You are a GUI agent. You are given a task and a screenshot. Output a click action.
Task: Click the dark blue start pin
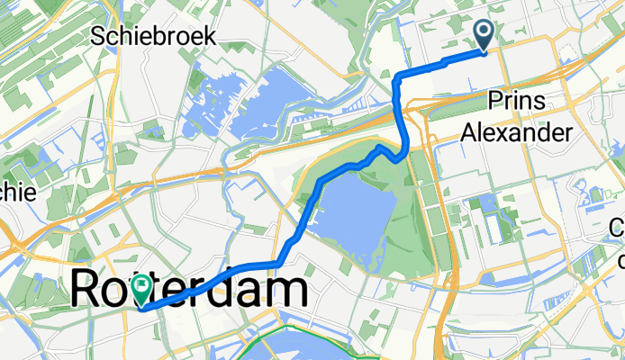484,35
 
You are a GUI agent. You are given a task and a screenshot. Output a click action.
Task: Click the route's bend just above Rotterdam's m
280,262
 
